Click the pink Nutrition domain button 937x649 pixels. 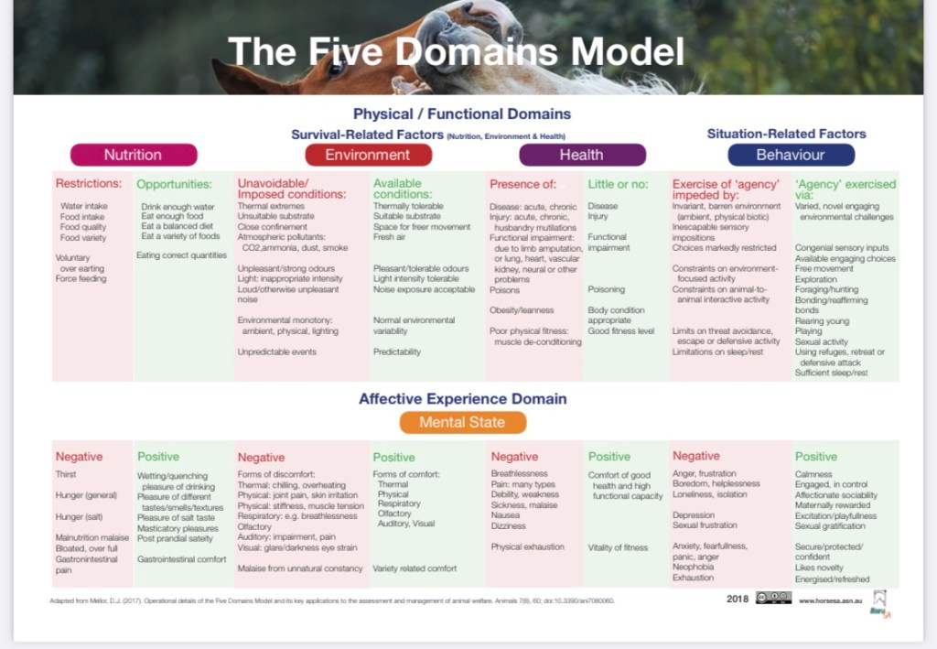(133, 155)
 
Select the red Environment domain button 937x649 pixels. (367, 155)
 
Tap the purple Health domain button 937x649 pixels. (582, 155)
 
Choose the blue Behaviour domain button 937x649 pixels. (791, 155)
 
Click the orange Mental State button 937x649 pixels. (462, 422)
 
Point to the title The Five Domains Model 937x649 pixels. (455, 51)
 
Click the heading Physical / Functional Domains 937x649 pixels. (462, 114)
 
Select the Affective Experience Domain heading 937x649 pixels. (462, 398)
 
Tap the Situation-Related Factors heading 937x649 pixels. (786, 134)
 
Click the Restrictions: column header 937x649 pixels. (89, 183)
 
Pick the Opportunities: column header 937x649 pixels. (174, 184)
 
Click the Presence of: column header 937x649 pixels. (522, 184)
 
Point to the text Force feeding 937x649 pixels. (81, 278)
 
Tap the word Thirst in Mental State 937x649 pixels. (66, 474)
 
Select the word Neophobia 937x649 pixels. (694, 567)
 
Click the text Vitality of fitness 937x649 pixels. (618, 547)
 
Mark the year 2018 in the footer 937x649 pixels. (738, 599)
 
